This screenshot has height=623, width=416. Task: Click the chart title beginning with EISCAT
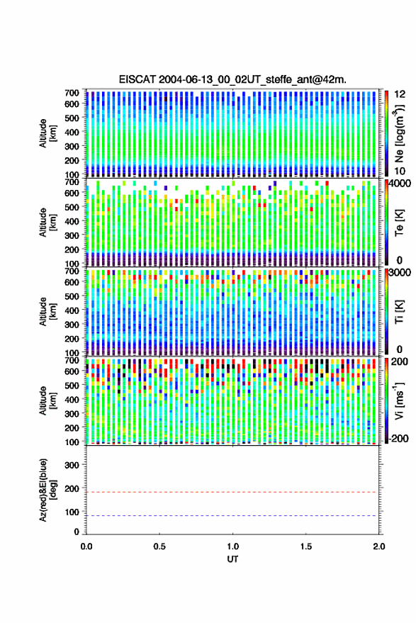pyautogui.click(x=232, y=79)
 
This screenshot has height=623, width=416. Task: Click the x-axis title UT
pyautogui.click(x=232, y=559)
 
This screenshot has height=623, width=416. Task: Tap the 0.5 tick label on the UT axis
pyautogui.click(x=159, y=546)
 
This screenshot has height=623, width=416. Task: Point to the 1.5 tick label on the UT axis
pyautogui.click(x=306, y=546)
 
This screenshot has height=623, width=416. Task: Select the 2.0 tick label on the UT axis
pyautogui.click(x=379, y=546)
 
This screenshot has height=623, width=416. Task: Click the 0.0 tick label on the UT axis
pyautogui.click(x=86, y=546)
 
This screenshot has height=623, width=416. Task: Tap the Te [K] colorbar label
pyautogui.click(x=399, y=223)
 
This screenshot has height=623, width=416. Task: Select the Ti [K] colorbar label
pyautogui.click(x=399, y=312)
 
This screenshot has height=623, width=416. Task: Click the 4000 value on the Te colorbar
pyautogui.click(x=400, y=184)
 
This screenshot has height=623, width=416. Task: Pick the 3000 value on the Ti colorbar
pyautogui.click(x=400, y=274)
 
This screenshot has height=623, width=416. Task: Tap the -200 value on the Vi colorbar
pyautogui.click(x=398, y=439)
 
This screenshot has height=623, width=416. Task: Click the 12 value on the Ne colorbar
pyautogui.click(x=400, y=94)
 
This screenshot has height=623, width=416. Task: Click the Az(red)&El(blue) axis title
pyautogui.click(x=47, y=490)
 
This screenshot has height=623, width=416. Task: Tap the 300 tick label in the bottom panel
pyautogui.click(x=72, y=465)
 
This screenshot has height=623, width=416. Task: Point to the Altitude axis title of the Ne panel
pyautogui.click(x=47, y=133)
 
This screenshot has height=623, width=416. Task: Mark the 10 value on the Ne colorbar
pyautogui.click(x=400, y=171)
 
